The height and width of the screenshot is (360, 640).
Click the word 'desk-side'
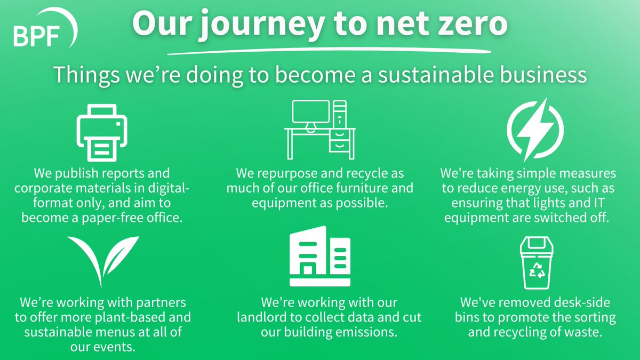point(580,303)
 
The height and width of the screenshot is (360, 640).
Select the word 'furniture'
point(355,188)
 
